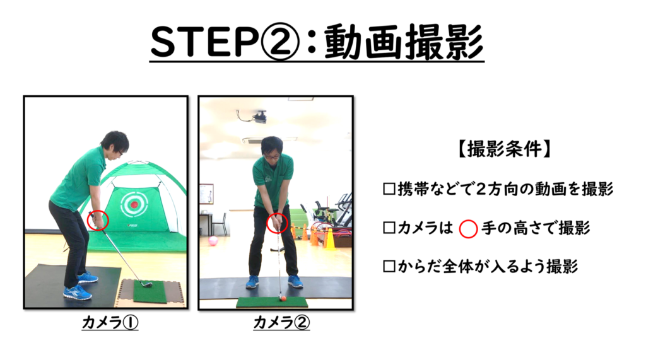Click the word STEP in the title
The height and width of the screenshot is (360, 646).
pos(204,42)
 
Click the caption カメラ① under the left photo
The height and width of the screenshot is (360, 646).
pos(110,322)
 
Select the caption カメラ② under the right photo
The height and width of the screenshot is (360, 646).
pos(281,322)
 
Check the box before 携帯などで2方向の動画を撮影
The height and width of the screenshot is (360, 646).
pos(389,189)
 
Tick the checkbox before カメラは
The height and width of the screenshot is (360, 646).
pos(389,228)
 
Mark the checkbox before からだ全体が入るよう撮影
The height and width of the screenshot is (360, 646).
pos(389,266)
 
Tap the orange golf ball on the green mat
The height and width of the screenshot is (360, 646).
pos(283,298)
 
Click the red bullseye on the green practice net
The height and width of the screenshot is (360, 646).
pos(134,204)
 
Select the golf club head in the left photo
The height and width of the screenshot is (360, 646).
pos(146,284)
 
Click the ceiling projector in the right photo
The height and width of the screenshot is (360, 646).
pos(259,117)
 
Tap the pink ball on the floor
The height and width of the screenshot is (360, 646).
pos(213,241)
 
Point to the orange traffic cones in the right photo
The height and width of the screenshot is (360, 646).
pos(317,237)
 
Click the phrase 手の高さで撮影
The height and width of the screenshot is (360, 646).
pos(536,228)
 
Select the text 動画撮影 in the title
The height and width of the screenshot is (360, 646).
pos(404,42)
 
